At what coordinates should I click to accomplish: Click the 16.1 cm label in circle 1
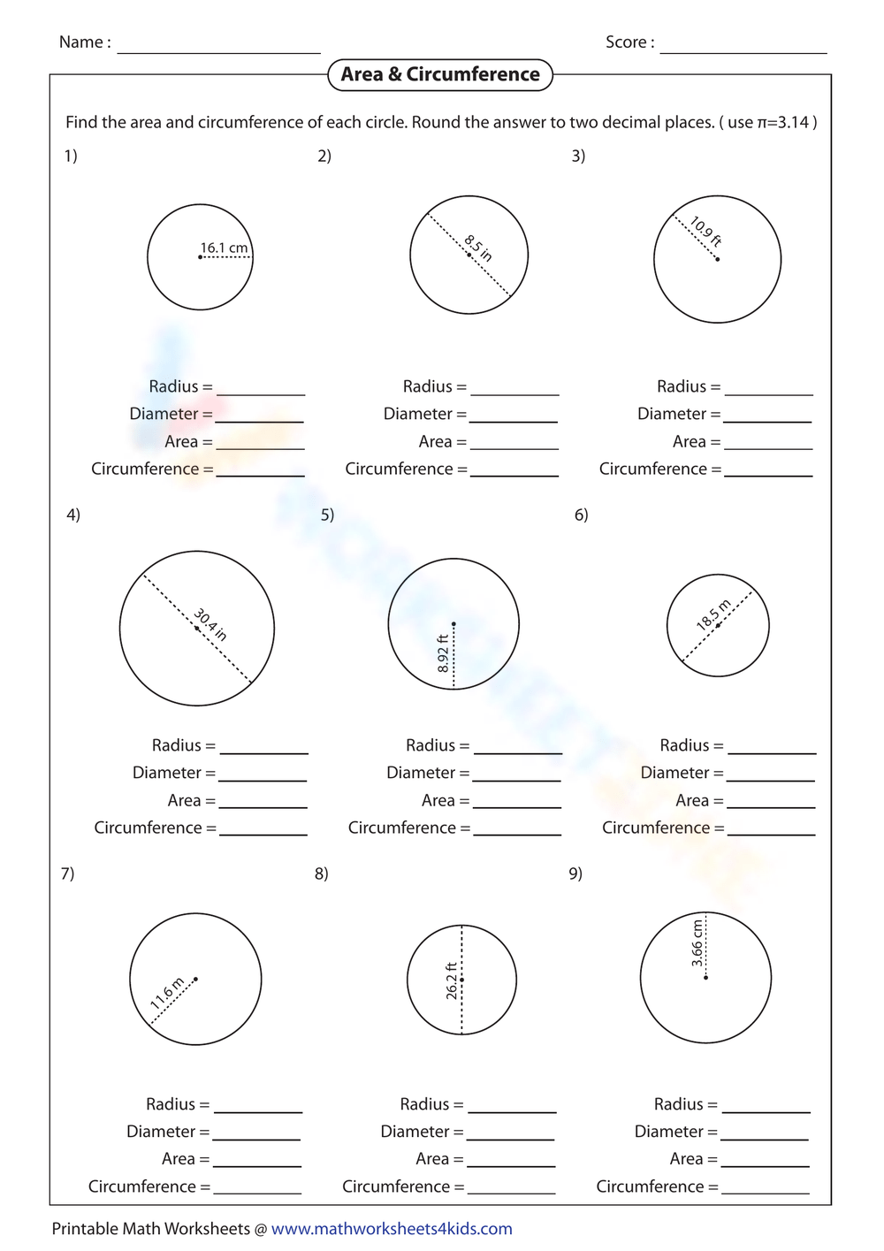tap(224, 248)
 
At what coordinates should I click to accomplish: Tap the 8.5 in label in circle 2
tap(478, 248)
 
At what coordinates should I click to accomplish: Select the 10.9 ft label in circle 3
tap(705, 232)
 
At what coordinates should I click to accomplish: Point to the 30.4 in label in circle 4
tap(210, 624)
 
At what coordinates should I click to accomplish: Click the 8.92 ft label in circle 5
tap(443, 653)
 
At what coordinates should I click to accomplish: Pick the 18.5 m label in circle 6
tap(713, 614)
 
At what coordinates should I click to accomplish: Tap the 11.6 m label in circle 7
tap(167, 993)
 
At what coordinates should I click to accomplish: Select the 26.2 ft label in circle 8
tap(452, 980)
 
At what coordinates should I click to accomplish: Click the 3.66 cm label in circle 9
tap(697, 943)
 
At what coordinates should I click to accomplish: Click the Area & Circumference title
tap(440, 75)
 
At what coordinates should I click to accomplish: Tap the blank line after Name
tap(218, 46)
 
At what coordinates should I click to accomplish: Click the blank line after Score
tap(743, 46)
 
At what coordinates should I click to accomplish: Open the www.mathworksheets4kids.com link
tap(392, 1229)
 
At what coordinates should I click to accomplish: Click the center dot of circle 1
tap(201, 257)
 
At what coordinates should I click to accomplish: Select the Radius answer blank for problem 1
tap(261, 389)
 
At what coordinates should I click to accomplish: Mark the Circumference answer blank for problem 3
tap(768, 471)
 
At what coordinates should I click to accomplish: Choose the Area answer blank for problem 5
tap(517, 802)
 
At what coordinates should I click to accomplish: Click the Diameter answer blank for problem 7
tap(256, 1133)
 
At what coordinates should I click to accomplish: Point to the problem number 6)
tap(581, 515)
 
